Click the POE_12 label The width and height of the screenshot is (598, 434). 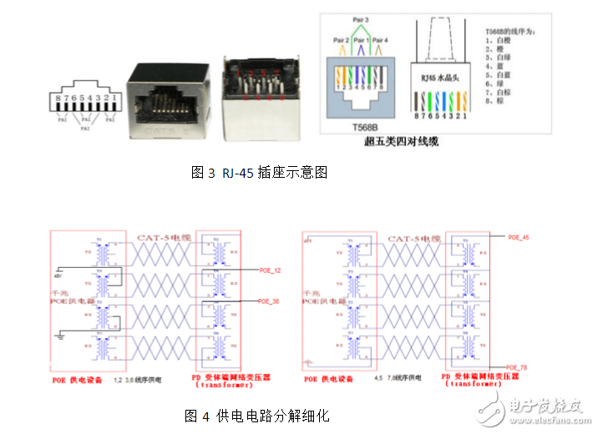point(270,270)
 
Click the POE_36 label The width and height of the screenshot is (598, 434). point(270,300)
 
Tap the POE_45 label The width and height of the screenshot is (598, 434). point(519,237)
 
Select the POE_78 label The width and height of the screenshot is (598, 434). point(519,366)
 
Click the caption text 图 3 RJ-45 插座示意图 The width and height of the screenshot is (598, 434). point(259,174)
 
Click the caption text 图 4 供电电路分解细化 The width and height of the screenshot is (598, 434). point(258,415)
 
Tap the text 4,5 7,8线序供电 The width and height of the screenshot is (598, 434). point(395,377)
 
